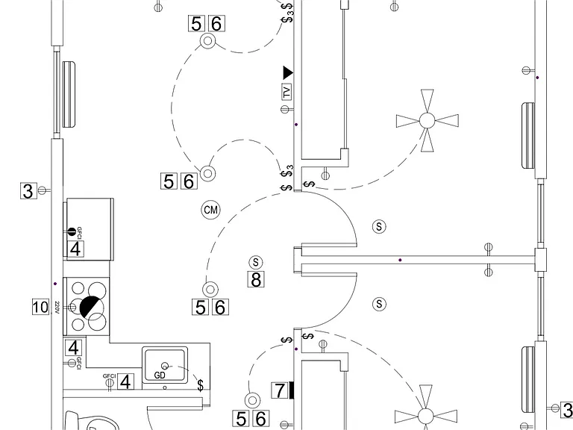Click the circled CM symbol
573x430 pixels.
[x=211, y=210]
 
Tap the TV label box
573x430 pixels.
[x=286, y=91]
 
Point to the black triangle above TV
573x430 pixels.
[x=288, y=72]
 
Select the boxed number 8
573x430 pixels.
[x=256, y=280]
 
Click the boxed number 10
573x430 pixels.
[x=40, y=307]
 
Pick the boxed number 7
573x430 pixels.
[x=280, y=390]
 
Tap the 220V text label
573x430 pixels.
[x=57, y=307]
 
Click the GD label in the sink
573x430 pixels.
[x=160, y=376]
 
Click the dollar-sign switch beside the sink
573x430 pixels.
[x=200, y=385]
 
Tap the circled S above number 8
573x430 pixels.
[x=255, y=262]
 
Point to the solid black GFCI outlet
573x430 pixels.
[x=72, y=231]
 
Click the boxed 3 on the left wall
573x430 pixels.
[x=28, y=191]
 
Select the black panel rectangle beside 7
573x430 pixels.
[x=291, y=390]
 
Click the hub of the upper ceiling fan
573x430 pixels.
[x=428, y=120]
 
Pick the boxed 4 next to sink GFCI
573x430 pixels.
[x=125, y=382]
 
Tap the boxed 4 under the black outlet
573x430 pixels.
[x=75, y=249]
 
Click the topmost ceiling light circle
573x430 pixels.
[x=207, y=40]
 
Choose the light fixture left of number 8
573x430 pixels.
[x=210, y=290]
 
